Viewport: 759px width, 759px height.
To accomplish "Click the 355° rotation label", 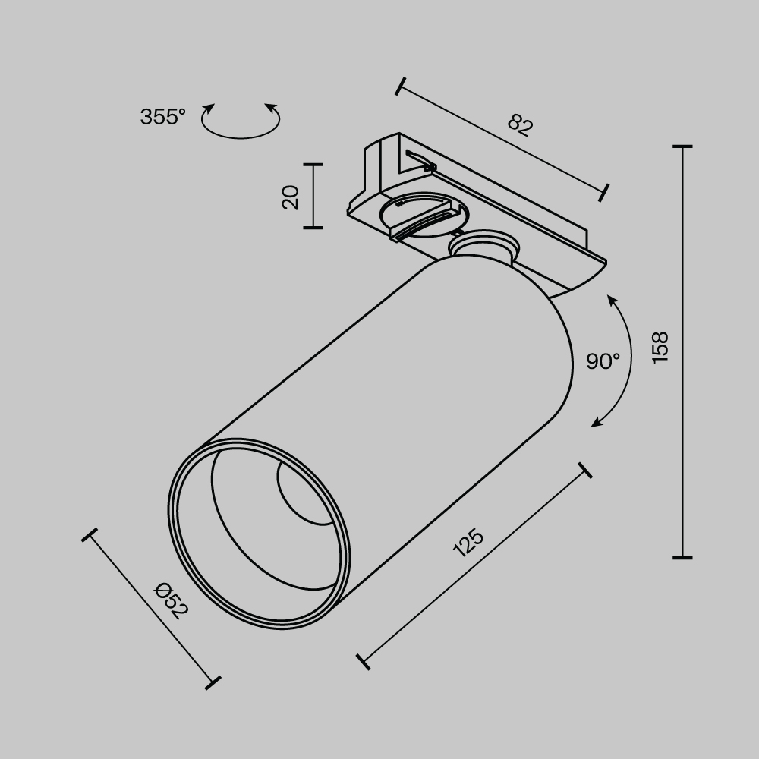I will click(x=162, y=117).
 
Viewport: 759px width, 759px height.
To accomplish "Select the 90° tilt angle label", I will click(x=603, y=361).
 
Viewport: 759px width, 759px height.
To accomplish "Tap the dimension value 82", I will click(x=520, y=125).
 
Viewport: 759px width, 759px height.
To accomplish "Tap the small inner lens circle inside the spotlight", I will click(x=304, y=493).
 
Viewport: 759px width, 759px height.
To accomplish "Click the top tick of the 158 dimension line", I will click(x=682, y=146).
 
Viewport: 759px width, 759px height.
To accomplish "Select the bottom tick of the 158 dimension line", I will click(x=682, y=558).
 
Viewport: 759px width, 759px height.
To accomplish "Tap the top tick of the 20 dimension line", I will click(x=313, y=164).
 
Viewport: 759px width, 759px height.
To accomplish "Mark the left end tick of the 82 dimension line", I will click(x=400, y=86).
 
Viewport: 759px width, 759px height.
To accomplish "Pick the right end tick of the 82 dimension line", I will click(x=604, y=193).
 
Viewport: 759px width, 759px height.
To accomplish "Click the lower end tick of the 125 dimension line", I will click(x=363, y=660).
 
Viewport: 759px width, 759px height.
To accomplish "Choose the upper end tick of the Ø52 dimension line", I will click(x=90, y=536).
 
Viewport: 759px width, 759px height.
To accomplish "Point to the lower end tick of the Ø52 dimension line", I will click(x=213, y=682).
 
